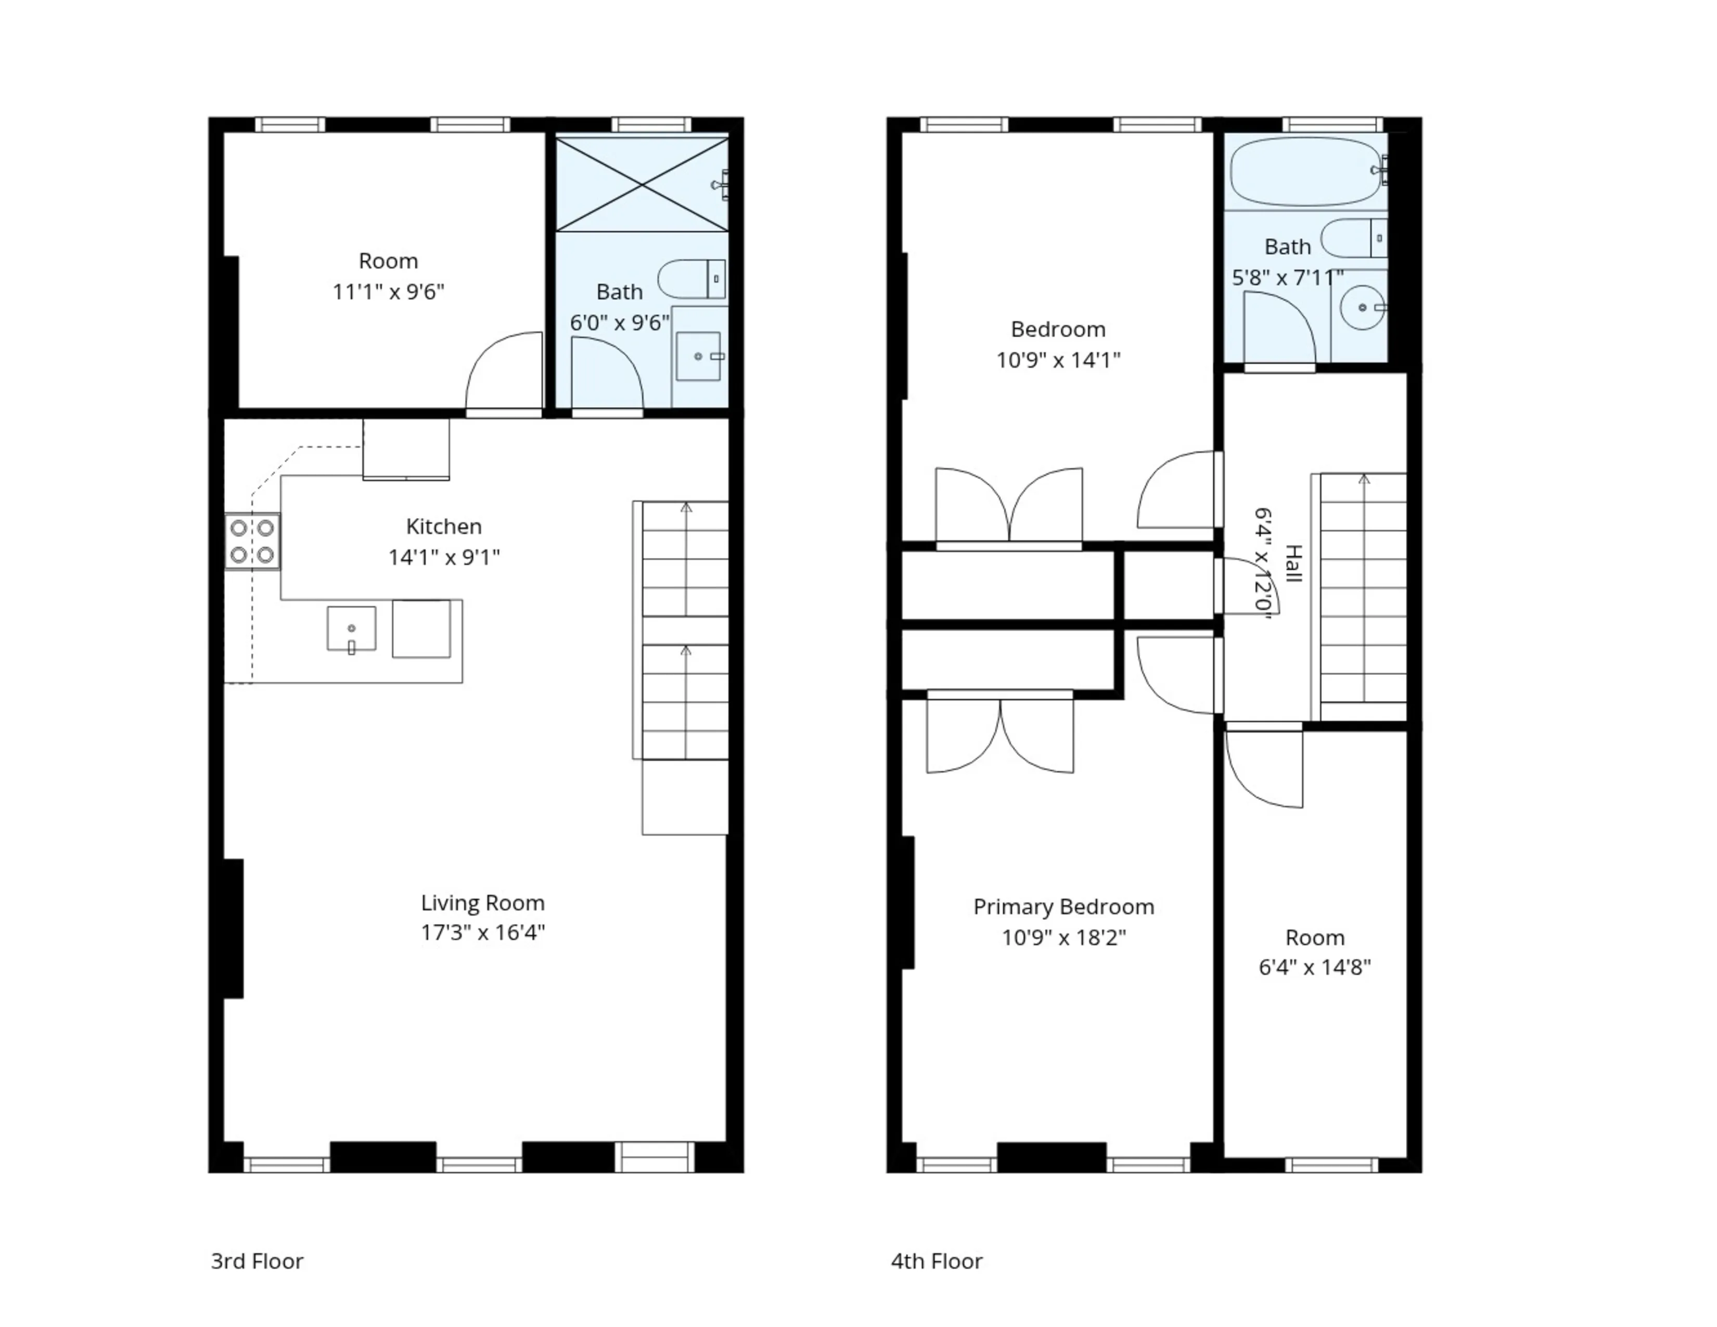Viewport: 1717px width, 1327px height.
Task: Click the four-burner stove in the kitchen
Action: [252, 541]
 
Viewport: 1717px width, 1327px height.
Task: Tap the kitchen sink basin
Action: [351, 628]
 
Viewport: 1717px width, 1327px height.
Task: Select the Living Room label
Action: [482, 902]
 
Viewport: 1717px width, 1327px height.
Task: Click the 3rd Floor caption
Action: [257, 1261]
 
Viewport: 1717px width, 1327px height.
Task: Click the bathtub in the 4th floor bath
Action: [1305, 171]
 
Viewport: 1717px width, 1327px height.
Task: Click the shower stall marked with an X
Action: [642, 185]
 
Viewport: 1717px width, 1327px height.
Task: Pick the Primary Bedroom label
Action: [1063, 907]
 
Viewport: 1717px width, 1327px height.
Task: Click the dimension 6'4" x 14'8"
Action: [1314, 967]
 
